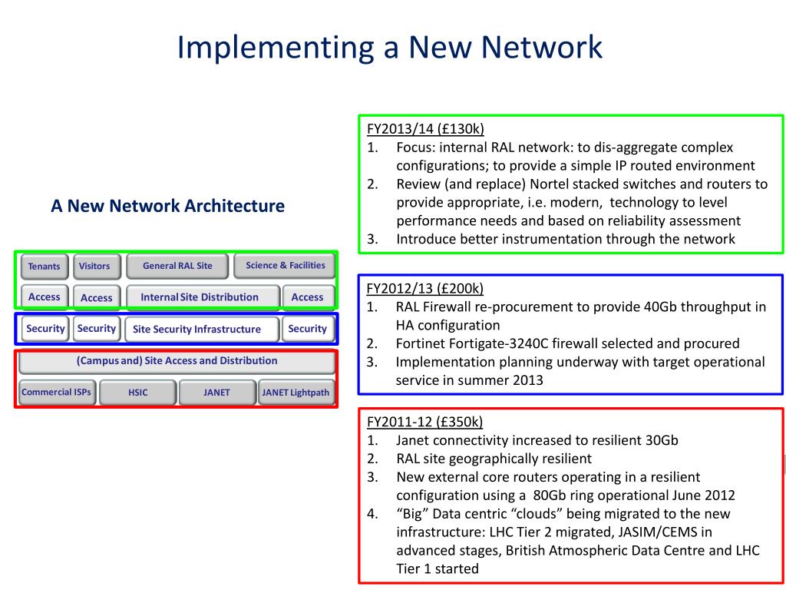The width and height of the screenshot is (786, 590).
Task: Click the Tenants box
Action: [45, 267]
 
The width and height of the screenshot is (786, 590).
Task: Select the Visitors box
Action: [94, 267]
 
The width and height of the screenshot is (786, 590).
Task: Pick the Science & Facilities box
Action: [285, 266]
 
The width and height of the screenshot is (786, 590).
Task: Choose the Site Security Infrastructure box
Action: [197, 330]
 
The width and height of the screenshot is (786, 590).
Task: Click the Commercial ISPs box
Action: [56, 393]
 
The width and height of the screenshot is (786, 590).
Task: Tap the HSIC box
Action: [138, 393]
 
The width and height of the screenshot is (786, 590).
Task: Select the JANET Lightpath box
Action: [296, 393]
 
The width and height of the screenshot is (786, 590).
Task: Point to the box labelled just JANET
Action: [216, 393]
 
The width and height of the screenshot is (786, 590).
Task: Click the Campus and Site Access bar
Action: [177, 361]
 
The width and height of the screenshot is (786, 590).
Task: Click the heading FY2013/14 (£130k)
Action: [425, 128]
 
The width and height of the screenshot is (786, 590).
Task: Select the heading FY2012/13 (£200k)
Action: [425, 289]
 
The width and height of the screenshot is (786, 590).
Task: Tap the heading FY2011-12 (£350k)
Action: [424, 422]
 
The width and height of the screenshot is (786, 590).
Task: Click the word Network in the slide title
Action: [543, 48]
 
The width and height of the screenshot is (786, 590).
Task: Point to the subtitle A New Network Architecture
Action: [167, 206]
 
